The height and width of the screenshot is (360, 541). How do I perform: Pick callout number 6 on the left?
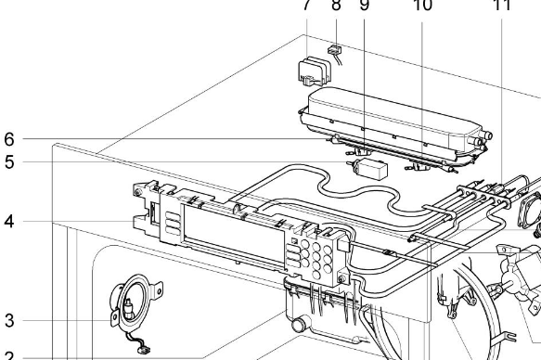tap(9, 139)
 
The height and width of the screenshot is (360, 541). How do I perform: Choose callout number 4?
tap(9, 222)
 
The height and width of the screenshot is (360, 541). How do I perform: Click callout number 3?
tap(9, 321)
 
